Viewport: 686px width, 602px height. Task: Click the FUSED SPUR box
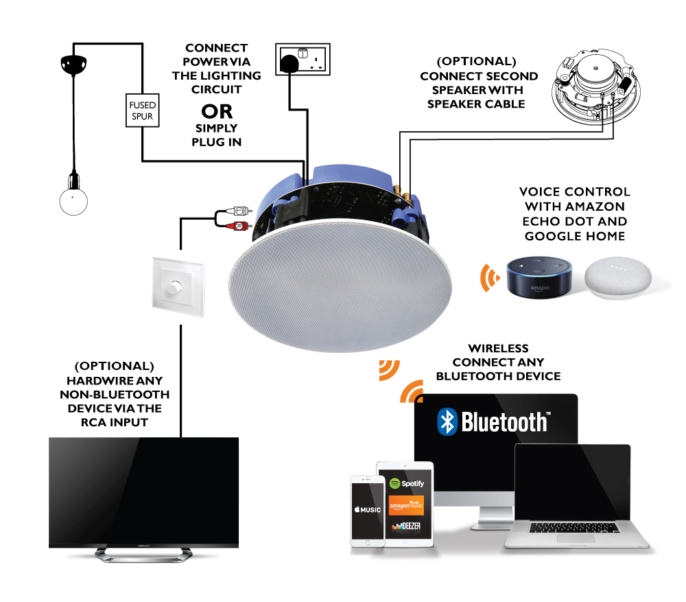coord(142,111)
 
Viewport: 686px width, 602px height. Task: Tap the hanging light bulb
coord(73,201)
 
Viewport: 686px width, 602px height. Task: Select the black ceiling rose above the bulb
coord(73,65)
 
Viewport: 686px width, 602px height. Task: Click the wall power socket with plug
coord(303,59)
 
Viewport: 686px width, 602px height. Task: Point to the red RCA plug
coord(239,226)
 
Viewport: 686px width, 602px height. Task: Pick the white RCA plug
coord(239,211)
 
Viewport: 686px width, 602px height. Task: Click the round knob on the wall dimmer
coord(174,287)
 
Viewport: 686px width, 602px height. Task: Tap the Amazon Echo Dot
coord(539,277)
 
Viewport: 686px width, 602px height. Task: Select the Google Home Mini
coord(618,278)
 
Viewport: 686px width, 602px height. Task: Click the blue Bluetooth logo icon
coord(447,421)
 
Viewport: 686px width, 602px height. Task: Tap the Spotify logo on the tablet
coord(406,483)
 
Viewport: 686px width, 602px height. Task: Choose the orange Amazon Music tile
coord(406,506)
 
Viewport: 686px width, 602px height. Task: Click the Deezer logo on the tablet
coord(406,526)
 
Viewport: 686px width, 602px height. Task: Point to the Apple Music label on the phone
coord(368,509)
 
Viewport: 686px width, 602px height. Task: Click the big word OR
coord(217,112)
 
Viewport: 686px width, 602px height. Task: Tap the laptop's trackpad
coord(576,537)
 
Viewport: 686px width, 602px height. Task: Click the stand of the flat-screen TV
coord(143,554)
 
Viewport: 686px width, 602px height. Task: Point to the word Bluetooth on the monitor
coord(504,422)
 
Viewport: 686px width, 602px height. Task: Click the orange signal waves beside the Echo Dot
coord(489,277)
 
